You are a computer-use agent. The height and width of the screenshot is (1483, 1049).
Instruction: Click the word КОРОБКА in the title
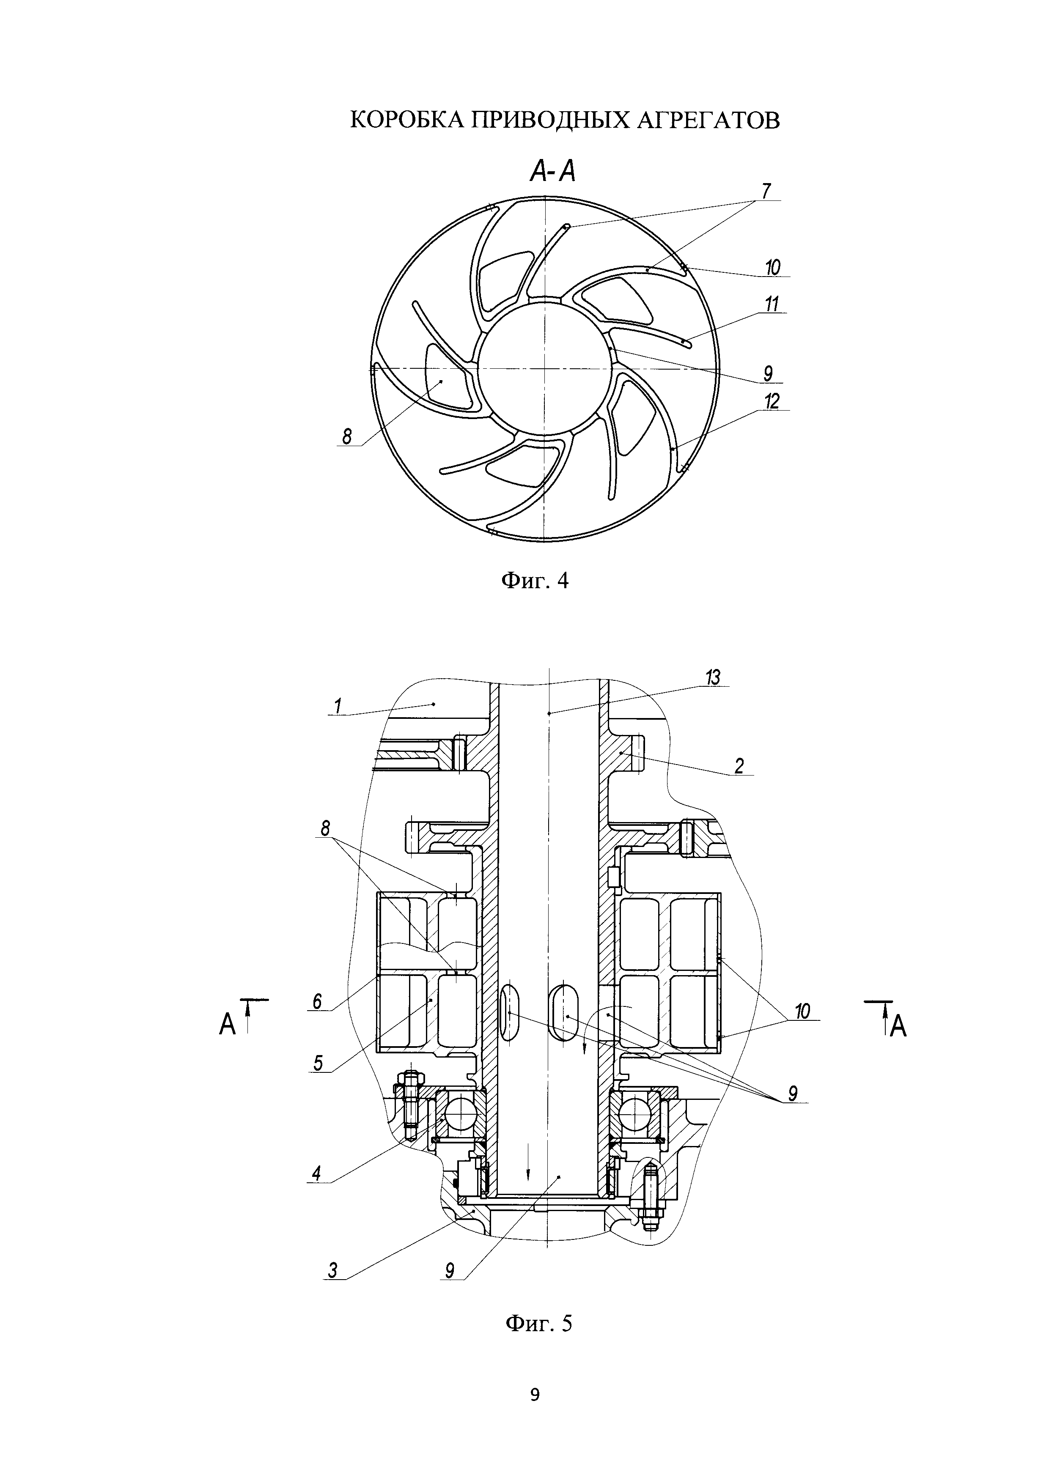[405, 120]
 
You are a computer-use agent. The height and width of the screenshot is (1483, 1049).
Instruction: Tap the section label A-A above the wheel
[552, 171]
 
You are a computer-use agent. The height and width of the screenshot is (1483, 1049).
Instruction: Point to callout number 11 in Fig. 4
[772, 304]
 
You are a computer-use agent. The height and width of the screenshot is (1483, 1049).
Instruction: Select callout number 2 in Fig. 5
[739, 766]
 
